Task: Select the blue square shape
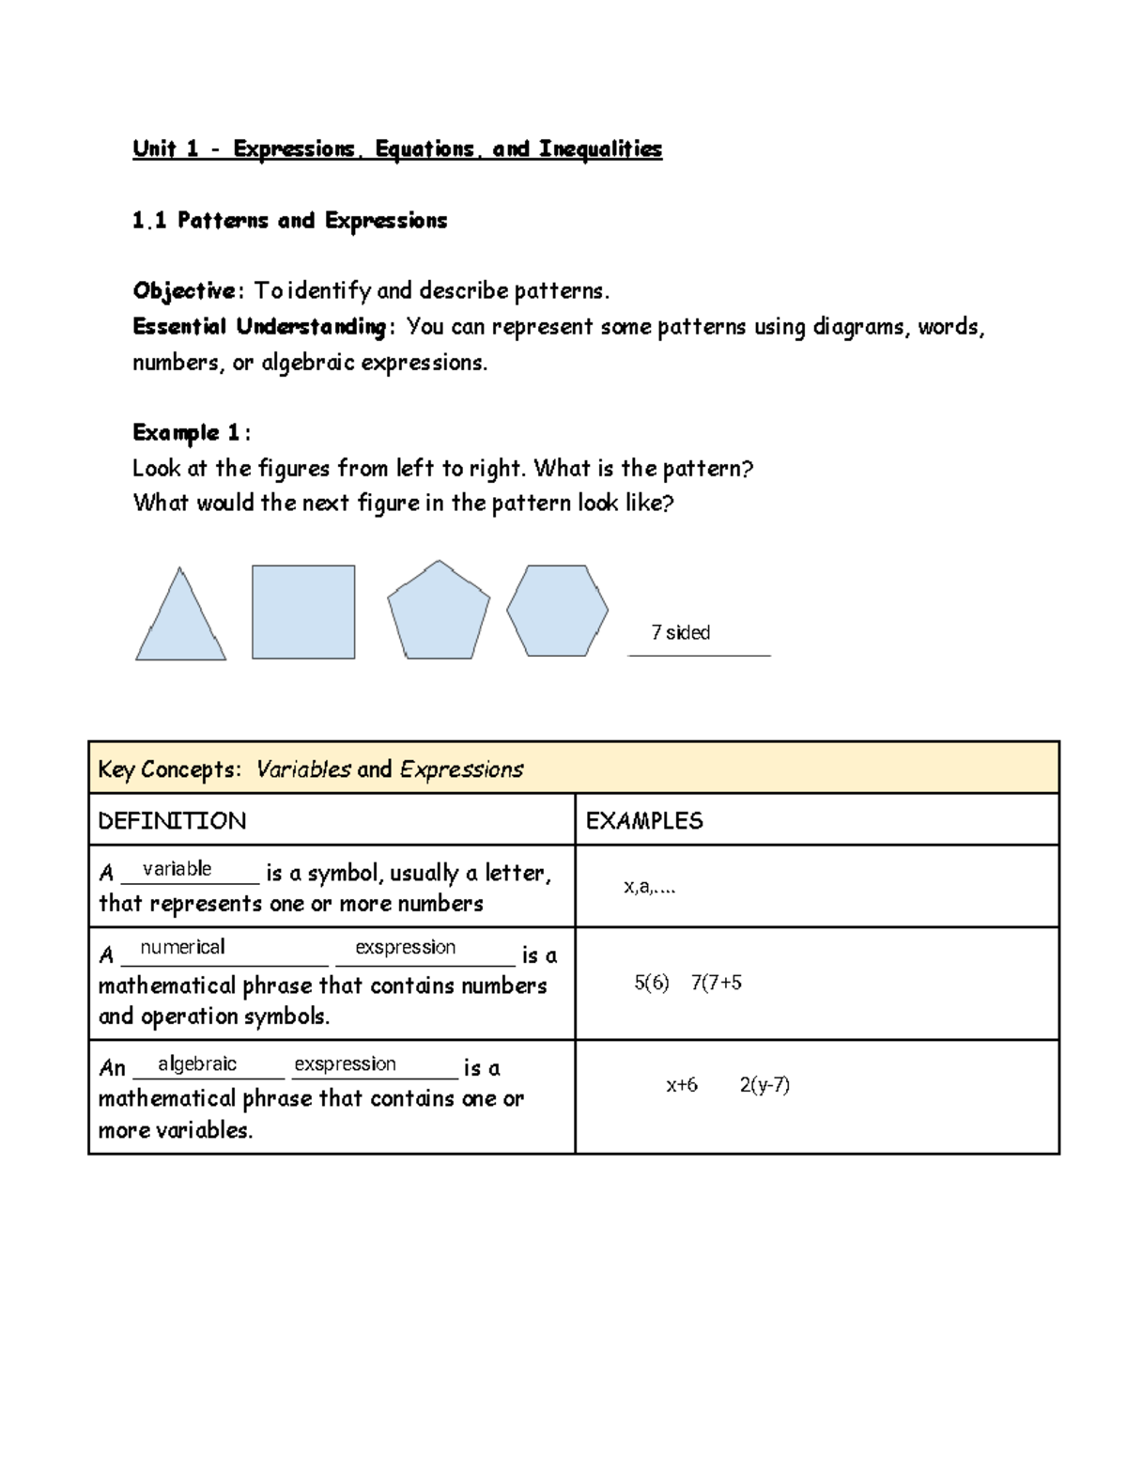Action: [303, 612]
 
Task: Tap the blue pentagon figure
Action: [439, 613]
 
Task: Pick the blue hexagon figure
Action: [557, 611]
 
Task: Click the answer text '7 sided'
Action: [681, 633]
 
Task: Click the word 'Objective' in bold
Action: [184, 291]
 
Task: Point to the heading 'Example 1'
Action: [188, 433]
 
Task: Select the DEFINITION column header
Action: [172, 821]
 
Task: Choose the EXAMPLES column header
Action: [644, 821]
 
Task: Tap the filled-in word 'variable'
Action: [177, 869]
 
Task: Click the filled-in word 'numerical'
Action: [182, 947]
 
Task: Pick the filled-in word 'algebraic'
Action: [197, 1063]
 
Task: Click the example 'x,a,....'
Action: [650, 887]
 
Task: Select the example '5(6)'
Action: [651, 983]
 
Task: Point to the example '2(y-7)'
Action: [764, 1085]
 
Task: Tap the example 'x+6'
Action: [682, 1085]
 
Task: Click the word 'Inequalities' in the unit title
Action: [601, 149]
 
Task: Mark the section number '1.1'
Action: [149, 221]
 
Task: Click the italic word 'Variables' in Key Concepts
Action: [303, 769]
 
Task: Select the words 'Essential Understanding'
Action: [258, 327]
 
